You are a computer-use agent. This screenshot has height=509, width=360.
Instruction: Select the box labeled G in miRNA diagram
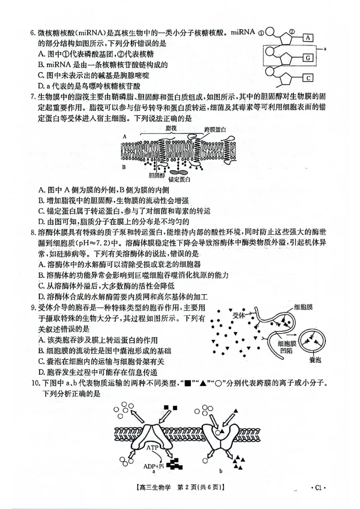(x=308, y=58)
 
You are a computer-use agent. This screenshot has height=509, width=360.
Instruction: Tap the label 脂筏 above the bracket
(x=171, y=129)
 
